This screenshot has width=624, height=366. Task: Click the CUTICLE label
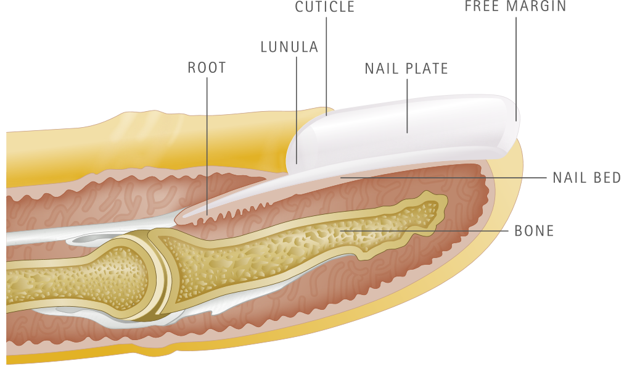pyautogui.click(x=325, y=7)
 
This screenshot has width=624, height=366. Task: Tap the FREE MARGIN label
pyautogui.click(x=515, y=7)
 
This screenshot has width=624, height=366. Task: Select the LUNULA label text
pyautogui.click(x=289, y=47)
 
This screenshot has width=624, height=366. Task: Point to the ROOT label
pyautogui.click(x=207, y=67)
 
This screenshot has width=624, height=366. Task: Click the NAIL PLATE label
pyautogui.click(x=406, y=68)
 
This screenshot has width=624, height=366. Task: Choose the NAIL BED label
pyautogui.click(x=586, y=178)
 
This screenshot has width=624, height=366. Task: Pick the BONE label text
pyautogui.click(x=535, y=231)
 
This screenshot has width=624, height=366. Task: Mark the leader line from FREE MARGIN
pyautogui.click(x=516, y=62)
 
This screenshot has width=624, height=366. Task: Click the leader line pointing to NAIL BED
pyautogui.click(x=444, y=178)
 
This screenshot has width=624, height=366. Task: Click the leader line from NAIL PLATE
pyautogui.click(x=406, y=105)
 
